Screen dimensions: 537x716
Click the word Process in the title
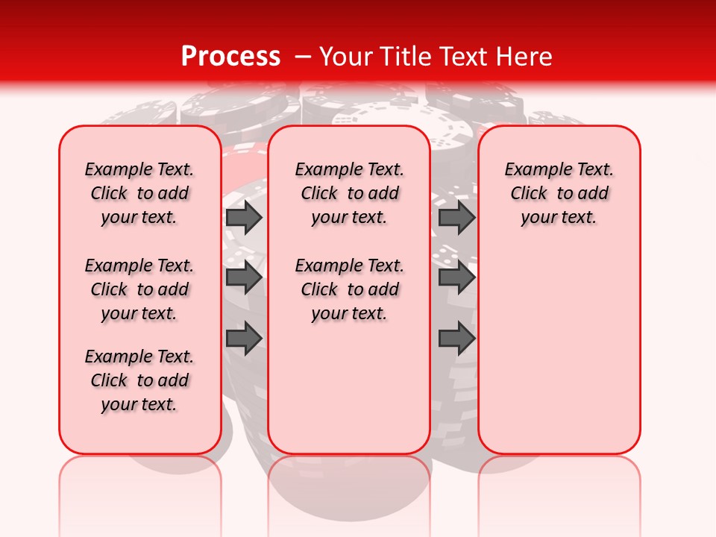point(230,56)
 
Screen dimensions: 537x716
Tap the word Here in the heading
point(524,56)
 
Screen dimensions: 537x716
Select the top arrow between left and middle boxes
point(244,217)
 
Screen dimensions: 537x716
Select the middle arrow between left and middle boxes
point(244,277)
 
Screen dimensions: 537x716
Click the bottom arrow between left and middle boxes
point(244,339)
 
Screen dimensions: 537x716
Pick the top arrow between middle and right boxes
point(456,217)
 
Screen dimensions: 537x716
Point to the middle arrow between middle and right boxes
point(456,277)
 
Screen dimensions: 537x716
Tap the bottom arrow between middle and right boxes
point(456,339)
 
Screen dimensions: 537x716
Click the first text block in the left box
point(139,193)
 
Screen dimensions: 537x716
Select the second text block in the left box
point(139,289)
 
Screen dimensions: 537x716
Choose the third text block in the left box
point(139,380)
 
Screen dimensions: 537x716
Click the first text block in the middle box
point(349,193)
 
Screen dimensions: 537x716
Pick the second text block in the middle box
point(349,289)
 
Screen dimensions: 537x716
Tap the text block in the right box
point(559,193)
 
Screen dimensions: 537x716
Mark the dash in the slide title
point(303,56)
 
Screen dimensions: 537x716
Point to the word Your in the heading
point(346,56)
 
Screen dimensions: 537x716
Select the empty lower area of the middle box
point(349,388)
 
